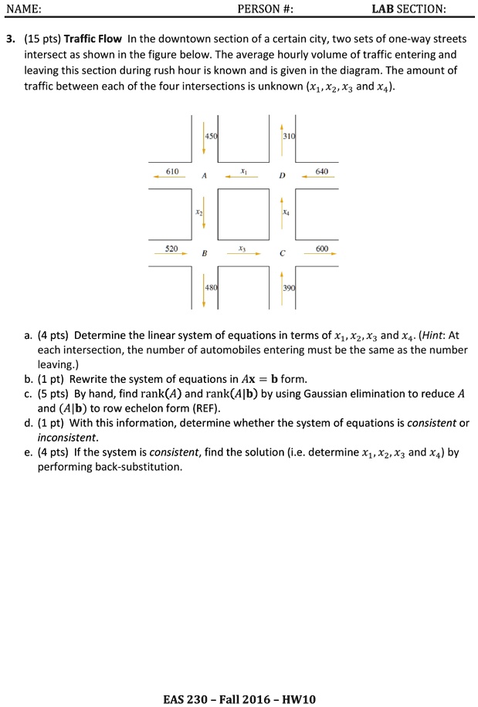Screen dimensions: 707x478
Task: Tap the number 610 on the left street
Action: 172,171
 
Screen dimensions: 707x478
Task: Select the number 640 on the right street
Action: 322,171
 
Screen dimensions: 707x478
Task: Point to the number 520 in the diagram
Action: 171,249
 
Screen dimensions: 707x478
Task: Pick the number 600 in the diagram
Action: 322,249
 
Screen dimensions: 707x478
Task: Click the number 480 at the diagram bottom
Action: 212,287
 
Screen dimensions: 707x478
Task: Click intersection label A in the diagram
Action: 204,176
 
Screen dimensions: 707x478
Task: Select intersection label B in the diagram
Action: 204,254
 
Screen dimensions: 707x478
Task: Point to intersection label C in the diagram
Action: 283,254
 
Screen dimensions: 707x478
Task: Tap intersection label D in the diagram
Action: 283,176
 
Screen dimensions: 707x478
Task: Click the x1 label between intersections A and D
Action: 243,171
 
